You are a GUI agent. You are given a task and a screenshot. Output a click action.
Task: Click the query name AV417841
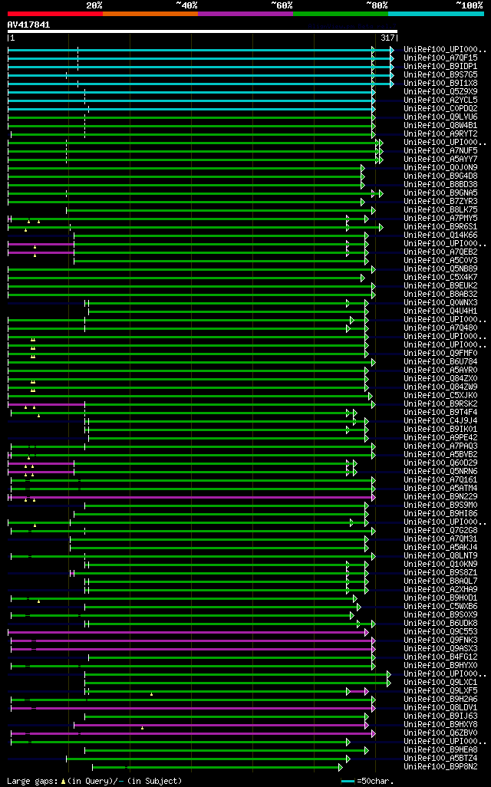tap(28, 25)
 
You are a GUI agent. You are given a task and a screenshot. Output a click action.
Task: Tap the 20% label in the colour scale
tap(94, 5)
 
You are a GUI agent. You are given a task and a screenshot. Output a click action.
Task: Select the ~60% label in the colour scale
tap(282, 5)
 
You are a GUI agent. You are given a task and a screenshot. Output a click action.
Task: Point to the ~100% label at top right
tap(469, 5)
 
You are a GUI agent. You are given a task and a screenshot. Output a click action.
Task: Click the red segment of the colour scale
tap(54, 14)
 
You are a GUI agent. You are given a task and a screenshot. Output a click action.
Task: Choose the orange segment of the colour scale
tap(150, 14)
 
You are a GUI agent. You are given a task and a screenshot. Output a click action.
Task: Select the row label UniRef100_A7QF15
tap(440, 58)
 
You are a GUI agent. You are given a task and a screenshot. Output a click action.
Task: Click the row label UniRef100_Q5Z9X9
tap(440, 92)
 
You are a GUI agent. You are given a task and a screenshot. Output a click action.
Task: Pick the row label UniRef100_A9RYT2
tap(440, 134)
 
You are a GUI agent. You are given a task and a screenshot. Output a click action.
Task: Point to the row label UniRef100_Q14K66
tap(440, 235)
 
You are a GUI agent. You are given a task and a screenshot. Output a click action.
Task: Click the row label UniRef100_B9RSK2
tap(440, 404)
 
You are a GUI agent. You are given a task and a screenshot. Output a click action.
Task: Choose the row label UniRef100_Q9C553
tap(440, 632)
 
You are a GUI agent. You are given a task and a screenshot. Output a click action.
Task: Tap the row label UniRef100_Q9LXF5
tap(440, 691)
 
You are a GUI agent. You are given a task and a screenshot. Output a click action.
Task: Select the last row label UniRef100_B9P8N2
tap(440, 767)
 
